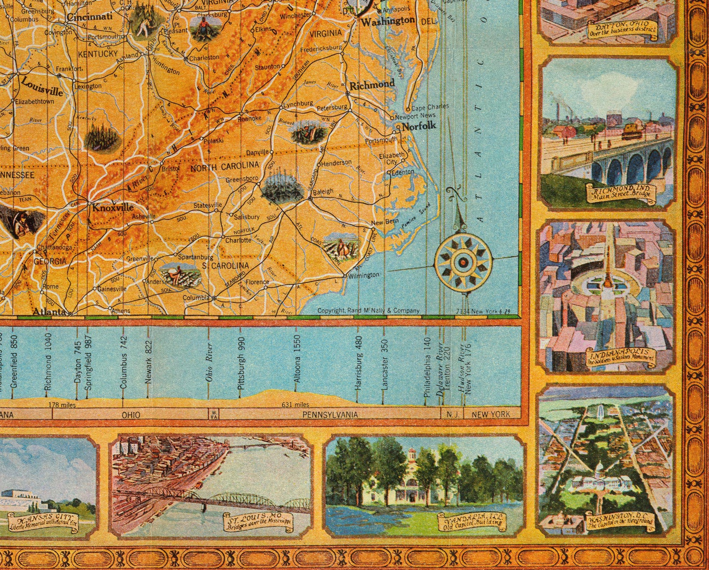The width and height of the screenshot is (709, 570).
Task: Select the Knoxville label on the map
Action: pos(113,207)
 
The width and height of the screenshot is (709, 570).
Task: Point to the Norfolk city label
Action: pos(419,126)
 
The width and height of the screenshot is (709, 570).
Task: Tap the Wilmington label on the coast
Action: pos(363,275)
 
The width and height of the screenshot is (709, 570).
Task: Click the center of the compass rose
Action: pos(463,262)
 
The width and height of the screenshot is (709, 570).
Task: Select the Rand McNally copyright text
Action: pos(368,310)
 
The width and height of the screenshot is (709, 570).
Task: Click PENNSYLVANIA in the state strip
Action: pos(330,414)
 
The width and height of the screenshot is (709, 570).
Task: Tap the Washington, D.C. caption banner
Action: pos(621,522)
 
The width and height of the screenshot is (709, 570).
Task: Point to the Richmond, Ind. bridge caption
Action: pos(621,194)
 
